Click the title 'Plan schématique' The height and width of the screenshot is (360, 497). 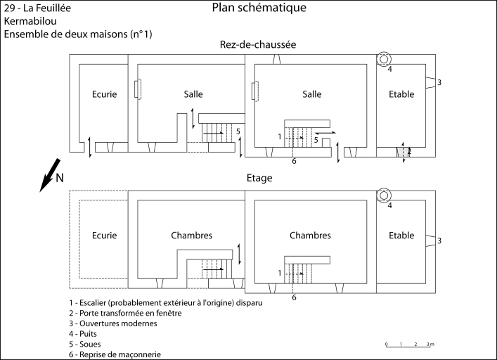(258, 8)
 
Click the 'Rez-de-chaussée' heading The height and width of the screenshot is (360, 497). (258, 44)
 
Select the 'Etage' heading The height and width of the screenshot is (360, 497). (259, 179)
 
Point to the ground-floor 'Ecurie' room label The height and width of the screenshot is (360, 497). (104, 94)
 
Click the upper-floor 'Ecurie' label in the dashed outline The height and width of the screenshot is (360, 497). (104, 236)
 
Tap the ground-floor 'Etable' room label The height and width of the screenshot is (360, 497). (401, 94)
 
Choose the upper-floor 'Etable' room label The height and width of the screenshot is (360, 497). (401, 236)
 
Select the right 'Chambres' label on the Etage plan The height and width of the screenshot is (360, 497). (310, 236)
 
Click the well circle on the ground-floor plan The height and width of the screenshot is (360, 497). (385, 58)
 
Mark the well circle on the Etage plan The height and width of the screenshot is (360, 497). (385, 195)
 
